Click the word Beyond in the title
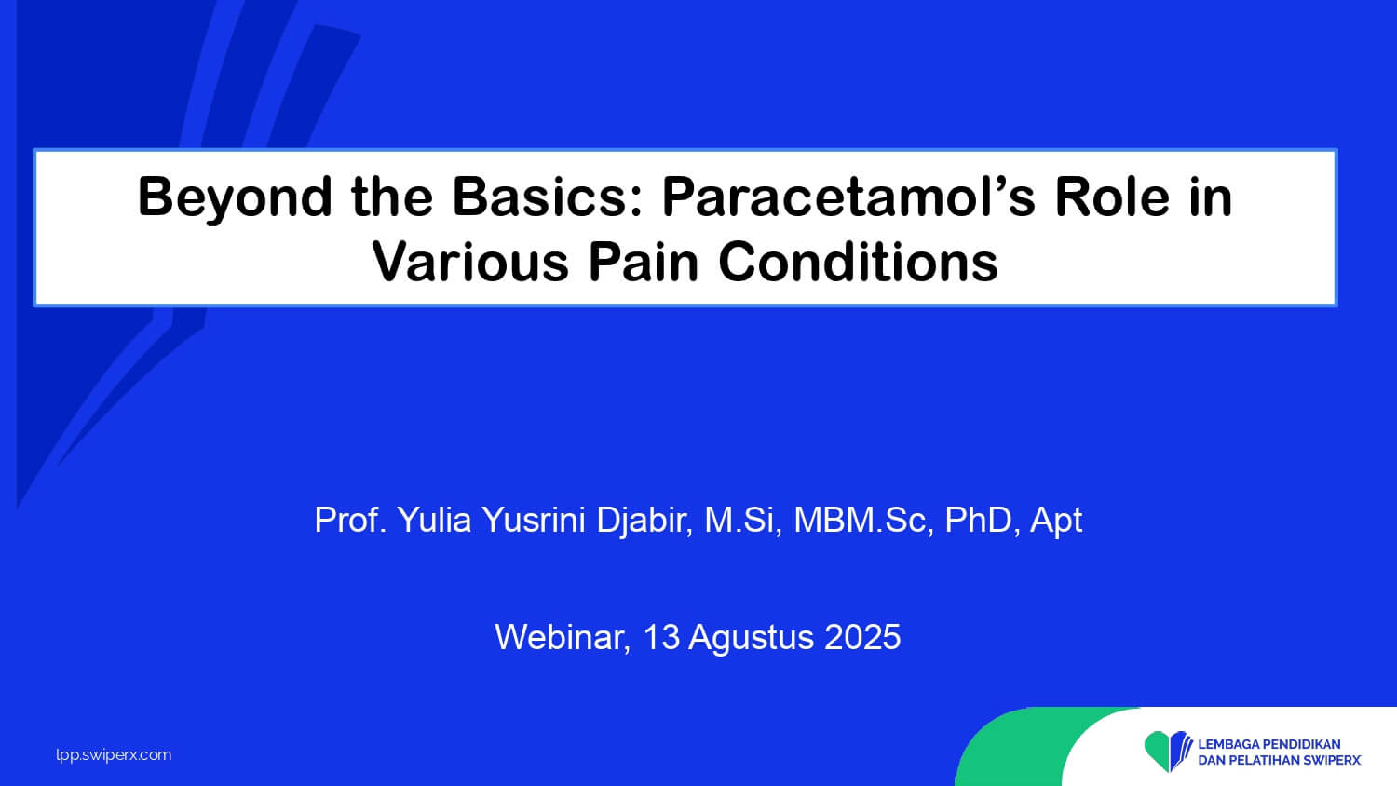pos(235,198)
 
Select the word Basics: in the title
pos(548,197)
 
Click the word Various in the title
pos(470,262)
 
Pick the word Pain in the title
pos(643,262)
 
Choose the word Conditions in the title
pos(858,262)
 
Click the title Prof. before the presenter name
pos(351,520)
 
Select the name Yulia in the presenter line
pos(434,520)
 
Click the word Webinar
pos(563,638)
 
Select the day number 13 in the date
pos(660,637)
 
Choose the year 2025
pos(862,637)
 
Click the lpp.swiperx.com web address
pos(114,755)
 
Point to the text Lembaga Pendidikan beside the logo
pos(1269,744)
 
